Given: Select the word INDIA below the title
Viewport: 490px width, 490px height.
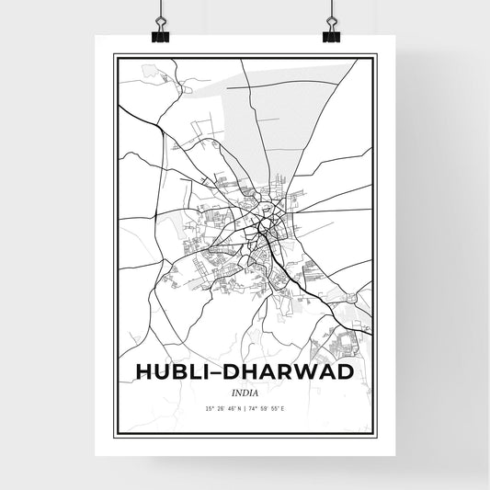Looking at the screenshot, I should (x=245, y=390).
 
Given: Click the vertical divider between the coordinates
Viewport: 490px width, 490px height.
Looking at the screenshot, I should (x=245, y=407).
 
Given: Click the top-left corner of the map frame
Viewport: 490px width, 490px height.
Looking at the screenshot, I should (x=114, y=56).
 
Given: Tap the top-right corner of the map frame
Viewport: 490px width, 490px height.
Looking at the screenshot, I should (x=376, y=56).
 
